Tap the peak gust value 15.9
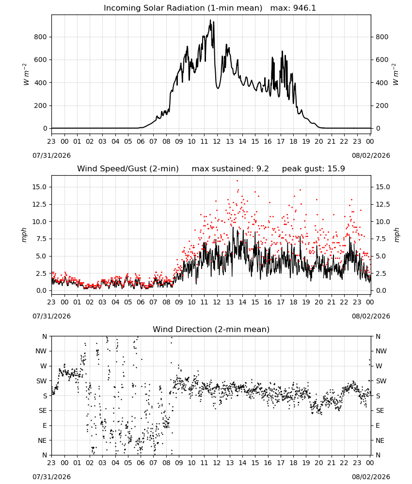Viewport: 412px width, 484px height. point(334,169)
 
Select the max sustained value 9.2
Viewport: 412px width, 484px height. point(262,169)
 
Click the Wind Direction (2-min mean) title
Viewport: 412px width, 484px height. point(211,329)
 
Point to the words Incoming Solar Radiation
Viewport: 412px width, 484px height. point(154,8)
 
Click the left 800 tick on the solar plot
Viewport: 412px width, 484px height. point(41,37)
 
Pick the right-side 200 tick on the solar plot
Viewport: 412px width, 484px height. point(382,106)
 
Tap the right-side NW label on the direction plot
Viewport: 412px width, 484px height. point(381,351)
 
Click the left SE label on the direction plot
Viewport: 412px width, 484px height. point(43,410)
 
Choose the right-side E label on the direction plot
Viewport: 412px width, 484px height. point(378,425)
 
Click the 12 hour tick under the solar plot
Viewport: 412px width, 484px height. point(217,141)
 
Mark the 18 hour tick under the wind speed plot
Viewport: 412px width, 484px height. point(293,302)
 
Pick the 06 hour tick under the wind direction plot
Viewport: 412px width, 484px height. point(141,462)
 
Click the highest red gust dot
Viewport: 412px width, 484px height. point(238,181)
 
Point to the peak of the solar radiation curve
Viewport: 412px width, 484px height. point(210,20)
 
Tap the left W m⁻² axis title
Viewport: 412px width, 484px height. point(26,75)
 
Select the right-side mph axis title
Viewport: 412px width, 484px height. point(396,235)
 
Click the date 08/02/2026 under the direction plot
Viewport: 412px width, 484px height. point(371,477)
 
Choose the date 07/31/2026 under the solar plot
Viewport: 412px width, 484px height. point(51,155)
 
